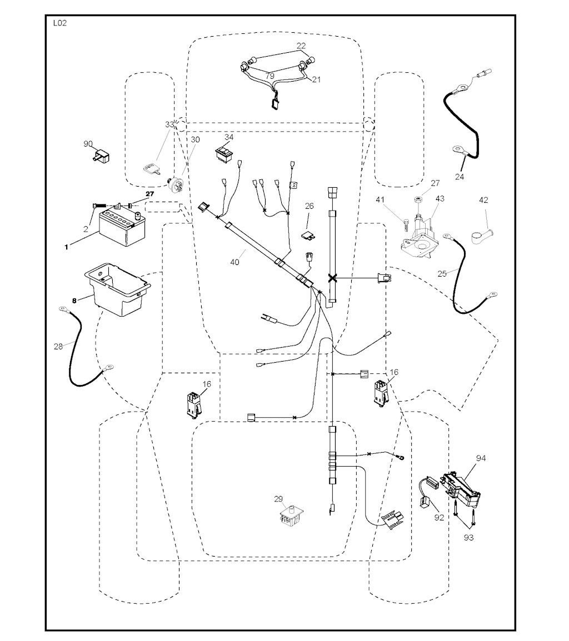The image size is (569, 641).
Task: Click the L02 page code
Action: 59,23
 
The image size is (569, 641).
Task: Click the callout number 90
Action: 88,143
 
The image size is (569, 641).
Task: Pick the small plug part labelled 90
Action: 102,157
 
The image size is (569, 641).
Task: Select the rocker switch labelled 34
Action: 224,152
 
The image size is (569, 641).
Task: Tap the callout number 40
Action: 234,262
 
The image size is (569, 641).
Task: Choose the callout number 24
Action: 460,177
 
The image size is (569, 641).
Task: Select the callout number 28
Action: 58,347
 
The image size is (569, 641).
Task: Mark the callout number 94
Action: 481,458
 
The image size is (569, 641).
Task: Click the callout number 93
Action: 469,538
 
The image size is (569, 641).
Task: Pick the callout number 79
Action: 269,76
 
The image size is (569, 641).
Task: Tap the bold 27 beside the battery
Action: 149,194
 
